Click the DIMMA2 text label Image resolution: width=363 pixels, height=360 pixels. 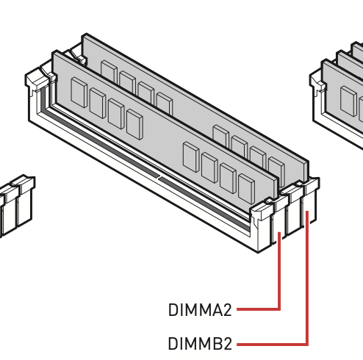200,310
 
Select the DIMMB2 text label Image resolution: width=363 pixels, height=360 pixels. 200,343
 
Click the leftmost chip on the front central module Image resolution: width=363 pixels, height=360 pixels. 79,93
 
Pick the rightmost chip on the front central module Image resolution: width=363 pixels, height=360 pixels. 246,189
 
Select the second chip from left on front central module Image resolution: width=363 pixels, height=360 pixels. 98,103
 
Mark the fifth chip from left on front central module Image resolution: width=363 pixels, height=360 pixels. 191,157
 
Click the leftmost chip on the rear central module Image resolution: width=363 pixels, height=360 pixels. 109,71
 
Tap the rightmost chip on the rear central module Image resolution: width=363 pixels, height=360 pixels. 276,171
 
